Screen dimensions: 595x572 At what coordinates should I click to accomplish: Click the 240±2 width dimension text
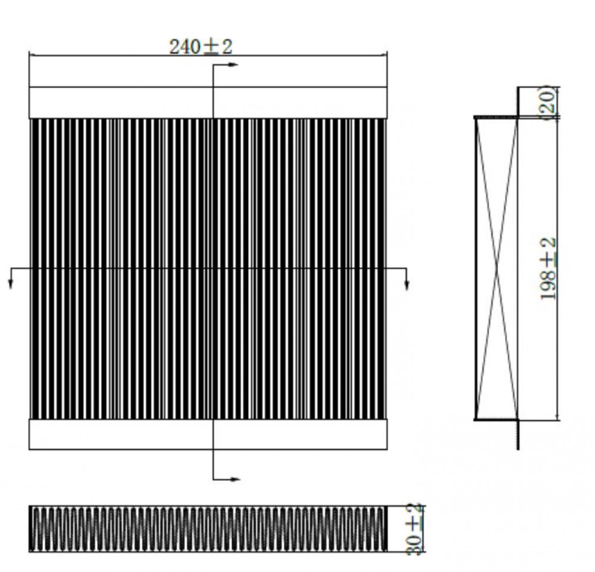pyautogui.click(x=201, y=48)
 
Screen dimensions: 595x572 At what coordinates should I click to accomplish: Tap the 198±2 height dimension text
pyautogui.click(x=548, y=268)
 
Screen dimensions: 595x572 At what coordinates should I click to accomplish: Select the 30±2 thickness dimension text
pyautogui.click(x=414, y=529)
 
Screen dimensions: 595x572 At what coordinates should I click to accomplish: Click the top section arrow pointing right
pyautogui.click(x=226, y=65)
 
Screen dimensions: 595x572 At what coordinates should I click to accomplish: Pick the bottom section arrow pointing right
pyautogui.click(x=226, y=479)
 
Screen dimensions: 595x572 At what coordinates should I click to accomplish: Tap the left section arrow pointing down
pyautogui.click(x=11, y=279)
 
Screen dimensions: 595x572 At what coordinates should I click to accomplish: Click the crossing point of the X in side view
pyautogui.click(x=497, y=268)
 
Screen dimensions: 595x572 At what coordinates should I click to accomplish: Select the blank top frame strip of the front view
pyautogui.click(x=208, y=102)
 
